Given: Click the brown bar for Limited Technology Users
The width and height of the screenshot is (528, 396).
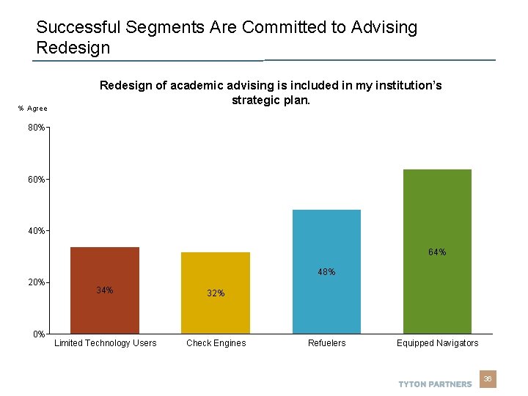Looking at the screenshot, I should pyautogui.click(x=104, y=290).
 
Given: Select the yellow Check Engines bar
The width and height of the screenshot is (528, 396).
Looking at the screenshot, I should pyautogui.click(x=216, y=293).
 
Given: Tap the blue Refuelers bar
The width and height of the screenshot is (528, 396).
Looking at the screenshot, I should pyautogui.click(x=326, y=272).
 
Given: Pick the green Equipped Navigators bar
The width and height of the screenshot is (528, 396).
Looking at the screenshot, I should pyautogui.click(x=437, y=252).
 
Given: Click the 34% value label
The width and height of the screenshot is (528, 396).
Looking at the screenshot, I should pyautogui.click(x=105, y=290).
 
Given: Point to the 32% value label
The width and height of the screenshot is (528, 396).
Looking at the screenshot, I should pyautogui.click(x=216, y=293).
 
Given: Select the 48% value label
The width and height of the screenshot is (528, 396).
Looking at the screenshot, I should pyautogui.click(x=326, y=272).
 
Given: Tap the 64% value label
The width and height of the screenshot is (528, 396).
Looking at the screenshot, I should pyautogui.click(x=437, y=252).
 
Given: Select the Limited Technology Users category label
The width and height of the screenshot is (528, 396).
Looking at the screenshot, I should pyautogui.click(x=105, y=343).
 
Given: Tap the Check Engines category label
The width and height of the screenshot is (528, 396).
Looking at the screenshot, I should pyautogui.click(x=216, y=343).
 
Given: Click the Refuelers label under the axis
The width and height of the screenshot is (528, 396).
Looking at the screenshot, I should pyautogui.click(x=326, y=343).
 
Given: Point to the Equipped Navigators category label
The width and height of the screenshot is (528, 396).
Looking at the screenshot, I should pyautogui.click(x=437, y=343).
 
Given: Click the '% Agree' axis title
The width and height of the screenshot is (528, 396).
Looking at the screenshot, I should pyautogui.click(x=33, y=109).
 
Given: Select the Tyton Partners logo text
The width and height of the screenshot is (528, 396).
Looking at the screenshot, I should pyautogui.click(x=435, y=384).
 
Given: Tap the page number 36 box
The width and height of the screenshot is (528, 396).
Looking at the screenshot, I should pyautogui.click(x=487, y=379).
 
